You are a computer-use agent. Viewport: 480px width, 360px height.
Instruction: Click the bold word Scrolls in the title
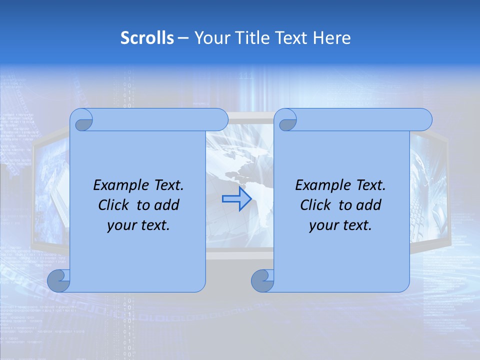point(147,38)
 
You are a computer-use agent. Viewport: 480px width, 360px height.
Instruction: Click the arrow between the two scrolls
point(236,199)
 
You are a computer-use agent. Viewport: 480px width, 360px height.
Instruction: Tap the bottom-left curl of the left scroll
point(58,280)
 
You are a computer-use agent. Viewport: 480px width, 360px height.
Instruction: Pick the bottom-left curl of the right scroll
point(262,280)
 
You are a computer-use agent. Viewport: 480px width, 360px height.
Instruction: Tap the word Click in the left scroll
point(112,205)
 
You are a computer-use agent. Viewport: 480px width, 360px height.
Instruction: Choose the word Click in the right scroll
point(315,205)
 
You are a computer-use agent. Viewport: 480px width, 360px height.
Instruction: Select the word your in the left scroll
point(121,225)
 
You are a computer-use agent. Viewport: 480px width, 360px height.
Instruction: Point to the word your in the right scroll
point(323,225)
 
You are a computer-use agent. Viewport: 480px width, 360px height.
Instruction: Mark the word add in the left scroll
point(167,205)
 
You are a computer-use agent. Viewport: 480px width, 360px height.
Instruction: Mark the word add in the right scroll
point(369,205)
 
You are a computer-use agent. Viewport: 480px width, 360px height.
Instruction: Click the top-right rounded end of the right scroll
point(425,119)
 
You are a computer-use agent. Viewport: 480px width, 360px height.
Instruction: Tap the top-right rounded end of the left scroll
point(221,119)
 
